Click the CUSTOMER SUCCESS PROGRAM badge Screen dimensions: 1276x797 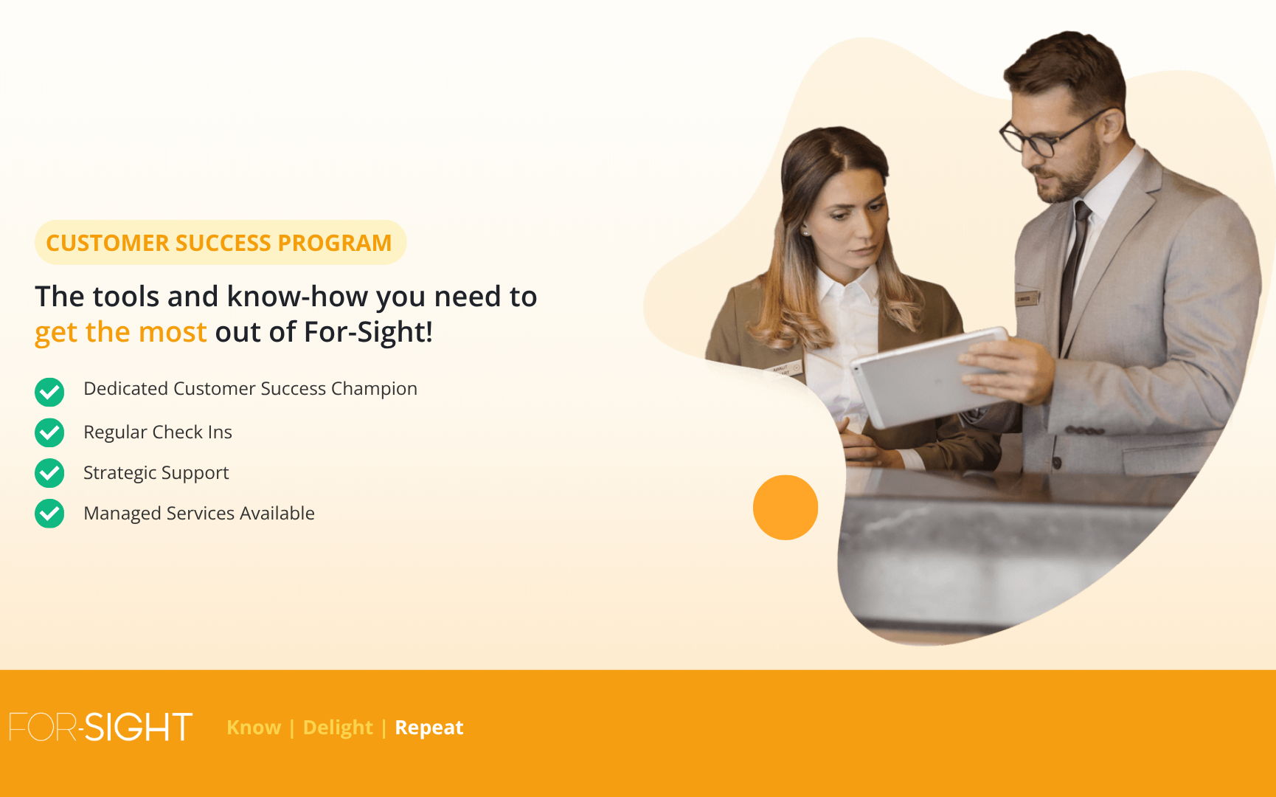point(220,242)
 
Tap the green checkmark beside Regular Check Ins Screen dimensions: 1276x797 point(49,432)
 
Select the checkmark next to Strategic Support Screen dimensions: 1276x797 point(49,473)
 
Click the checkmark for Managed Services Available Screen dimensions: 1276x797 point(49,514)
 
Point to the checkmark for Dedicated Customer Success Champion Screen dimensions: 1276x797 point(49,392)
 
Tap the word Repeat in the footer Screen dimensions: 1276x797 point(429,728)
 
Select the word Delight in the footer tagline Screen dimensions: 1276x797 point(338,728)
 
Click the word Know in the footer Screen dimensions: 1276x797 point(254,728)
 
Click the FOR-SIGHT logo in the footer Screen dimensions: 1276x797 point(101,727)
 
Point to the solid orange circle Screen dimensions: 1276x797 point(786,507)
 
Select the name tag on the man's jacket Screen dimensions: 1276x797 point(1027,298)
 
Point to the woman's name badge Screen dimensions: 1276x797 point(785,368)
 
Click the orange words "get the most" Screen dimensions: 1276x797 point(121,332)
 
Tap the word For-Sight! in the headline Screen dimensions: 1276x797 point(368,332)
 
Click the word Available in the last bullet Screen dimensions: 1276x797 point(277,513)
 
